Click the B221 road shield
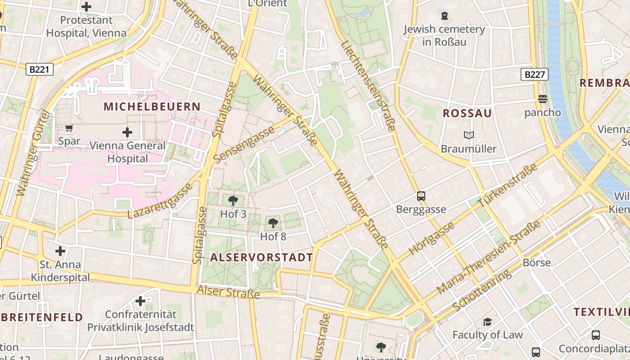pos(40,69)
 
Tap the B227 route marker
pos(535,74)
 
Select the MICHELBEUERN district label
pos(152,107)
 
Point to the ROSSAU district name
pos(467,113)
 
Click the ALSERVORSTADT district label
pos(261,257)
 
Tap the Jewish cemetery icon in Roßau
pos(445,16)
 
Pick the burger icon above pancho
pos(543,99)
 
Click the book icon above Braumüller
pos(468,135)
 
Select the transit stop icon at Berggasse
pos(421,196)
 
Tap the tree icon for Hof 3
pos(233,201)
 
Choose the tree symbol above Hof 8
pos(273,223)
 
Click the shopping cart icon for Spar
pos(69,128)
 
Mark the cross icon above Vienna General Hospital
pos(127,132)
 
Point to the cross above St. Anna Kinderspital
pos(60,251)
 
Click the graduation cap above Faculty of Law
pos(487,321)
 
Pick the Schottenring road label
pos(482,290)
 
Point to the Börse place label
pos(536,262)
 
